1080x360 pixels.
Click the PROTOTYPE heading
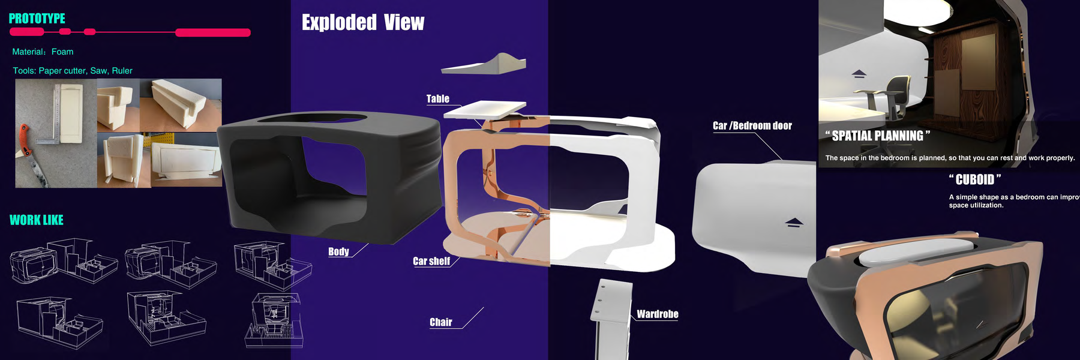pos(37,19)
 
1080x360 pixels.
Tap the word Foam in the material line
pos(62,52)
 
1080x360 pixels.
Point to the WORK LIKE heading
pos(37,220)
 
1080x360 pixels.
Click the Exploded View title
pos(362,23)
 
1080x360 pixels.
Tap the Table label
pos(437,99)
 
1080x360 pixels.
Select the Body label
pos(338,251)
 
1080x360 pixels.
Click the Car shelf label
pos(431,261)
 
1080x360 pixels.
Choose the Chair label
pos(440,322)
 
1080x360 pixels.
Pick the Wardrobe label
pos(657,314)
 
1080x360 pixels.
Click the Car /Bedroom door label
pos(752,125)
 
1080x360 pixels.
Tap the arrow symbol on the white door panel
pos(794,223)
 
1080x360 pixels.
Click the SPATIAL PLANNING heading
pos(877,136)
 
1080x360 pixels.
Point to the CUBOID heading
pos(974,179)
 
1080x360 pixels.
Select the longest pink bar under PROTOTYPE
pos(212,32)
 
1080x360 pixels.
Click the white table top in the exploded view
pos(485,109)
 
